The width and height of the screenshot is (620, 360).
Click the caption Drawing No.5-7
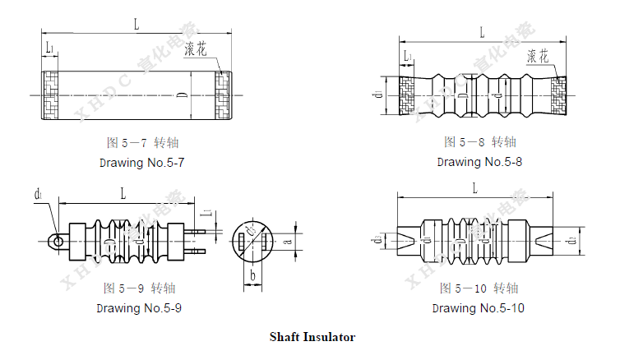pos(141,163)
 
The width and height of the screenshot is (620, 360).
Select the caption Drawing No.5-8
pos(479,161)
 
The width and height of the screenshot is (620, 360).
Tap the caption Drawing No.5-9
pos(139,308)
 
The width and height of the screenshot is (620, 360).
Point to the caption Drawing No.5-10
pos(478,308)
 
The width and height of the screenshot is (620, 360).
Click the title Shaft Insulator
pos(312,337)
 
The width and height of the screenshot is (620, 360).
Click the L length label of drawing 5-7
pos(136,25)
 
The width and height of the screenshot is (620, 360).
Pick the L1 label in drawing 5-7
pos(50,48)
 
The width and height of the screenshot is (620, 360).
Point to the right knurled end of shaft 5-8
pos(559,96)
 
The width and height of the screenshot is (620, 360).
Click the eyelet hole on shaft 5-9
pos(54,241)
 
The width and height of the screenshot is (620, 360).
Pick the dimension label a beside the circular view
pos(287,242)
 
